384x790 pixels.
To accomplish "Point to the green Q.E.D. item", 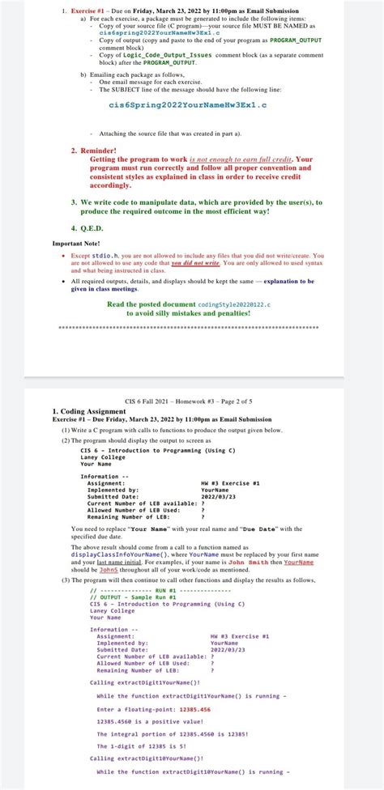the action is (x=92, y=227).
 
